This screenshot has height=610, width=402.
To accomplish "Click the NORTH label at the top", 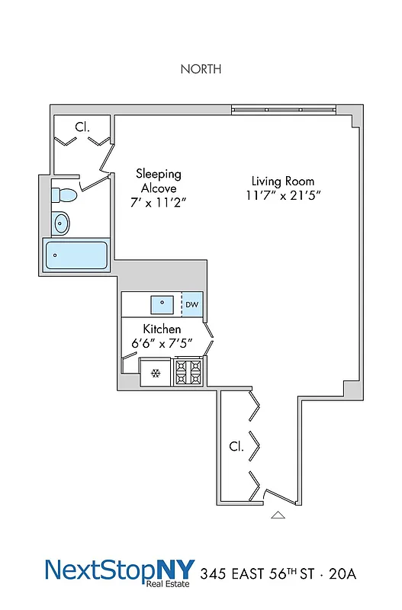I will (x=201, y=69).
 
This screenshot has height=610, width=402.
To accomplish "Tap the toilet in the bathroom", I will (x=64, y=195).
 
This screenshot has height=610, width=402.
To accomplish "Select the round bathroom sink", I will (x=61, y=223).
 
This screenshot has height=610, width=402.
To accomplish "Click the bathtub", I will (x=76, y=255).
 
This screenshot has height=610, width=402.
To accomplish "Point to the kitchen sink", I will (x=162, y=304).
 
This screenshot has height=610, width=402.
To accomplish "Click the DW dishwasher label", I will (x=192, y=305).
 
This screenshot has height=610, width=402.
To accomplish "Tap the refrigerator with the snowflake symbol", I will (x=156, y=373).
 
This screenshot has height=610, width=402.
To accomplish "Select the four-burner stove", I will (x=189, y=372).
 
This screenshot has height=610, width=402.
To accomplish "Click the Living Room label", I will (x=283, y=181).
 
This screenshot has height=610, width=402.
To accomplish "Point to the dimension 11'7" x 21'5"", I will (x=283, y=197).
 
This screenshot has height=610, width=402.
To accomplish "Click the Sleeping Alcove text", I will (x=159, y=181).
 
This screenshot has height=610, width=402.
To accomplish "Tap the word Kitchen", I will (x=161, y=329).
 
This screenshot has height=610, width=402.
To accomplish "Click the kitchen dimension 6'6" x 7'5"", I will (x=161, y=343).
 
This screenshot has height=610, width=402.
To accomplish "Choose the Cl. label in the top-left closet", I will (x=82, y=127).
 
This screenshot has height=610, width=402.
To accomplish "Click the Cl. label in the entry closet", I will (x=236, y=447).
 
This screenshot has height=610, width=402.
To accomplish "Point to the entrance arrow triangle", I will (x=278, y=515).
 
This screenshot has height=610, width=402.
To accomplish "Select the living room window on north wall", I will (x=284, y=110).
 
